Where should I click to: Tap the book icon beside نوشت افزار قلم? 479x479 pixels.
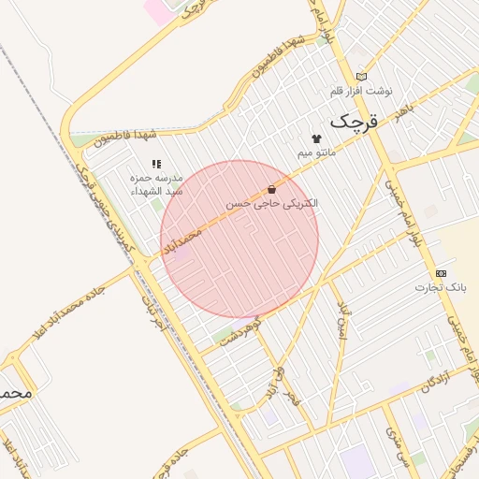click(x=361, y=77)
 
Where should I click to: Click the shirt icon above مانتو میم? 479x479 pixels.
click(x=315, y=138)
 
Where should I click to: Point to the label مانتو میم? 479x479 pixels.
click(x=316, y=151)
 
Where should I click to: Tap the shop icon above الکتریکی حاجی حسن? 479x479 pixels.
click(x=271, y=189)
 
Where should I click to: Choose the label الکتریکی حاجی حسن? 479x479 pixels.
click(x=272, y=202)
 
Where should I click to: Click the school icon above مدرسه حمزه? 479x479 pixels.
click(x=155, y=164)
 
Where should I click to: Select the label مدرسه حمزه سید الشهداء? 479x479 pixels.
click(x=155, y=183)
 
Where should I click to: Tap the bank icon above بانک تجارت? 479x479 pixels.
click(x=441, y=273)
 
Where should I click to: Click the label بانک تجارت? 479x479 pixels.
click(x=440, y=287)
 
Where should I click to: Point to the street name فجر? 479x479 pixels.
click(x=297, y=405)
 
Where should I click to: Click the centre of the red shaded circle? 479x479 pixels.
click(x=239, y=239)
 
